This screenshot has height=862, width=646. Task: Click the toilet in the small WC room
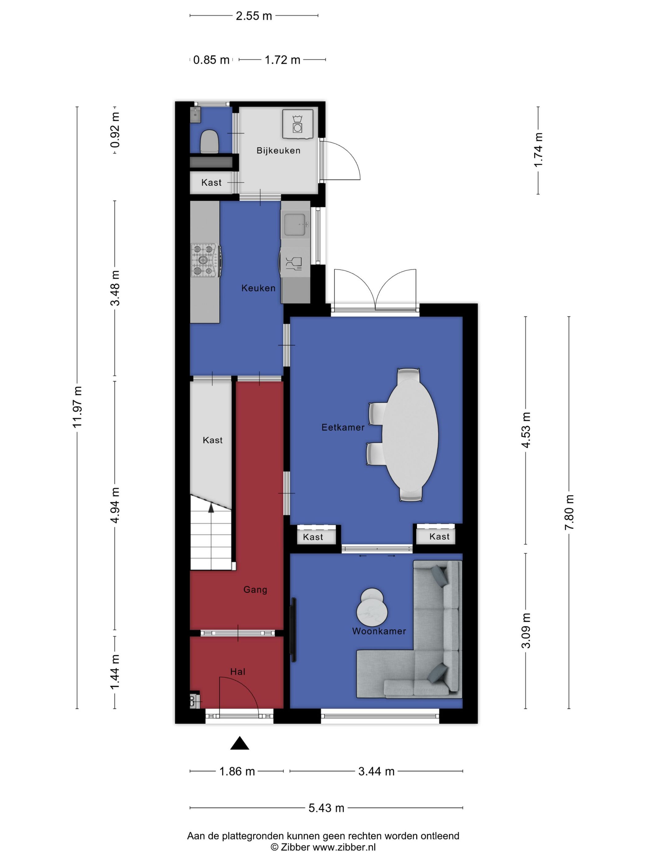(209, 141)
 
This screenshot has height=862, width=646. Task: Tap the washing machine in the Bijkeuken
(297, 123)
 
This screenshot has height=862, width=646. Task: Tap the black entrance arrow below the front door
(239, 743)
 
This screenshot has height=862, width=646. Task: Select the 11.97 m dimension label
(77, 407)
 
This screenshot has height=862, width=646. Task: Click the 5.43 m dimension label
(326, 808)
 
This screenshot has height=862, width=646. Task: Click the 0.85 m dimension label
(211, 60)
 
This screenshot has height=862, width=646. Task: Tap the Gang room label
(255, 590)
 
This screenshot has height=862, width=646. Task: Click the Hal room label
(237, 671)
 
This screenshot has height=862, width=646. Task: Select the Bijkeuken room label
(278, 151)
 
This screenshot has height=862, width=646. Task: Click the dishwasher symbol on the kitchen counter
(294, 263)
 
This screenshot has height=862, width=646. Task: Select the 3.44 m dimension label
(376, 771)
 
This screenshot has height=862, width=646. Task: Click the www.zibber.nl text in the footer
(344, 847)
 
